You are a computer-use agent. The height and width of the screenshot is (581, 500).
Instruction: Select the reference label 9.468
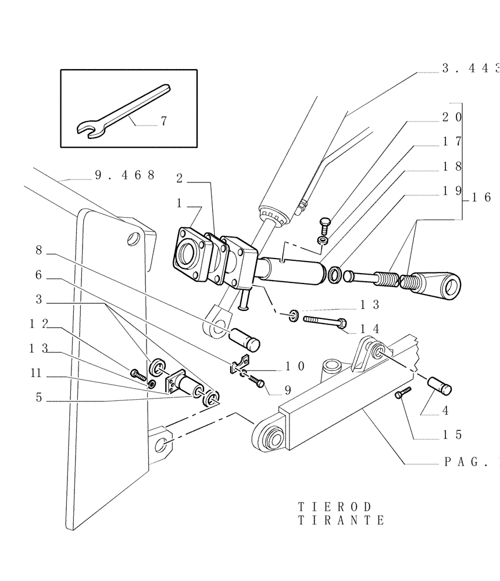[124, 174]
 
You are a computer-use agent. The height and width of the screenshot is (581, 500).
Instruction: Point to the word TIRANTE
[341, 521]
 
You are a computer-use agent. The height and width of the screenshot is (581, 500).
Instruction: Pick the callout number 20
[452, 116]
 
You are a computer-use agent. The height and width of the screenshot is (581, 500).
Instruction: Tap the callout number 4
[445, 410]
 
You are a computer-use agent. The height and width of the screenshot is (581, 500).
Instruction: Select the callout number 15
[451, 434]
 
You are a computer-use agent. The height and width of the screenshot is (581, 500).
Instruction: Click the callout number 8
[39, 250]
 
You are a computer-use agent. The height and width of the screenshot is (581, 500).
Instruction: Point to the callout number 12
[39, 324]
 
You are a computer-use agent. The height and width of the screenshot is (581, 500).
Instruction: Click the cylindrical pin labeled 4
[440, 385]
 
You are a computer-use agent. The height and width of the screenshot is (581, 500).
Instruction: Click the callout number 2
[180, 178]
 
